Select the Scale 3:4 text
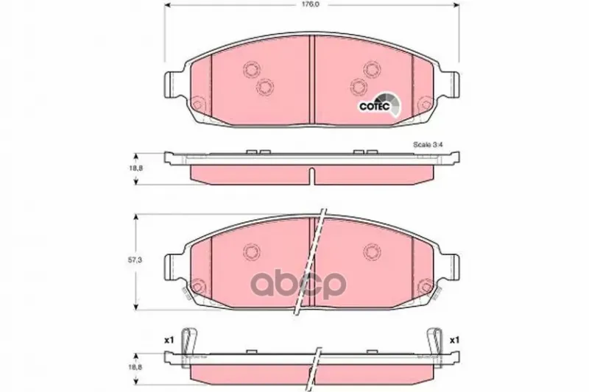[x=428, y=144]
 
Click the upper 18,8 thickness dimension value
[x=137, y=168]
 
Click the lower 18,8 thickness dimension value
[x=137, y=368]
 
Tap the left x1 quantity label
[x=169, y=341]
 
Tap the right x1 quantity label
[x=455, y=341]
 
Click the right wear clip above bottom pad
[x=435, y=342]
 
